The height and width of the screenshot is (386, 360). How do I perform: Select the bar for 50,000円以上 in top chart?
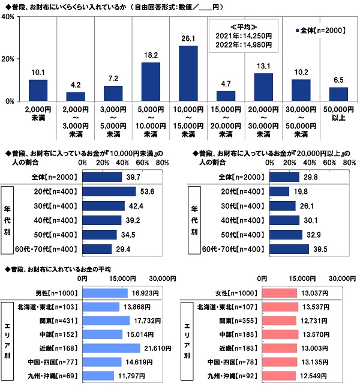tap(339, 94)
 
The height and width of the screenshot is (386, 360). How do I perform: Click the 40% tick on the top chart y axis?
tap(8, 17)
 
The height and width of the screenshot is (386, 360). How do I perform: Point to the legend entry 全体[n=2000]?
tap(322, 29)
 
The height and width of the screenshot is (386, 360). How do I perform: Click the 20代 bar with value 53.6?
tap(109, 191)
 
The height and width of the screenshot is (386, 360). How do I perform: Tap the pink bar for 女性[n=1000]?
tap(277, 293)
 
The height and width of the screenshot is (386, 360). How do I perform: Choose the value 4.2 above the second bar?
tap(75, 84)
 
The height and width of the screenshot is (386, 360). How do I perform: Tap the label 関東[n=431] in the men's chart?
tap(60, 321)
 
